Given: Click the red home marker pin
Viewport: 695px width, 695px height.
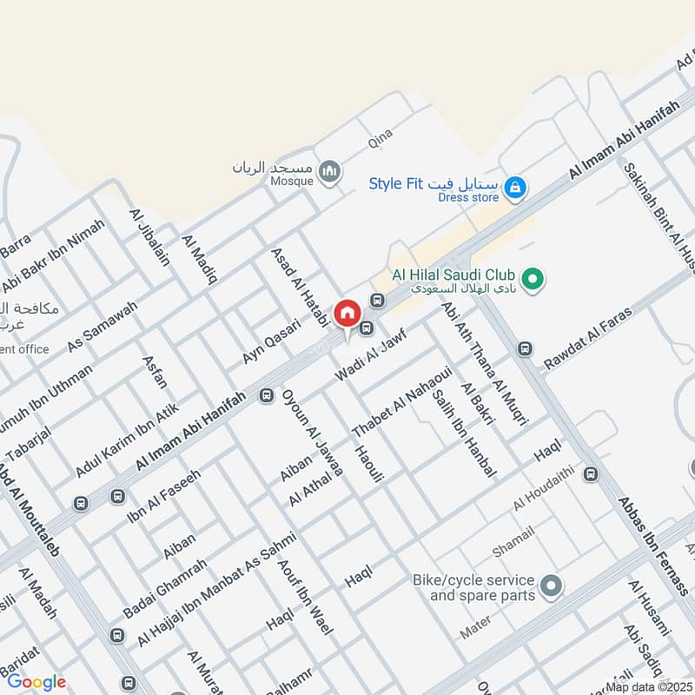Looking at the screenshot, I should pos(347,314).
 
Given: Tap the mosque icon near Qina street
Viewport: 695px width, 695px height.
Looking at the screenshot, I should pos(328,172).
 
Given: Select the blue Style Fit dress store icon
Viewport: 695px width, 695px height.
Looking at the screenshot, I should pos(515,187).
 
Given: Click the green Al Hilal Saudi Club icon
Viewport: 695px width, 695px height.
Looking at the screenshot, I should pos(536,279).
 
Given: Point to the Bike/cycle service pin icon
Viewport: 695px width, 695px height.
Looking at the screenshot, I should pos(550,586).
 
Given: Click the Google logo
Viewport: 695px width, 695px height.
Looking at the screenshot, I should pos(36,682).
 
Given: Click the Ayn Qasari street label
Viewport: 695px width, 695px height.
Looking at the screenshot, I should pos(271,341).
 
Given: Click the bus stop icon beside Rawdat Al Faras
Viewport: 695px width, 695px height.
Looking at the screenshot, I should pos(525,348).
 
